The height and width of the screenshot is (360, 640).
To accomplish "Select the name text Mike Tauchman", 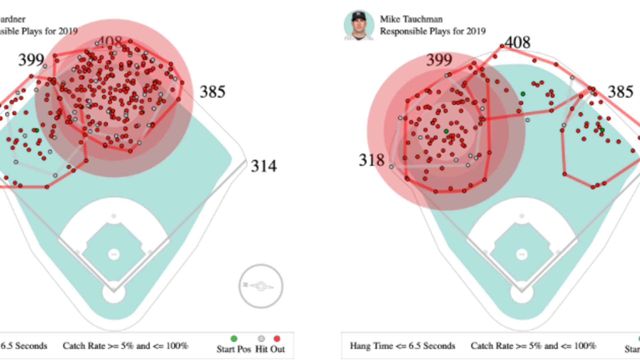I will pyautogui.click(x=411, y=19).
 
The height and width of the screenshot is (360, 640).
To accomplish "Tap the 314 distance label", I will pyautogui.click(x=263, y=166).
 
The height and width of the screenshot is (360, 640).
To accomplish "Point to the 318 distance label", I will pyautogui.click(x=372, y=160).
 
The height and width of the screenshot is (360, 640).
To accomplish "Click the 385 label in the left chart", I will pyautogui.click(x=212, y=92).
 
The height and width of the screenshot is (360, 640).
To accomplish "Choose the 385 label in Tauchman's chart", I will pyautogui.click(x=620, y=92).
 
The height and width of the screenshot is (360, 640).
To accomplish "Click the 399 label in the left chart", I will pyautogui.click(x=31, y=60).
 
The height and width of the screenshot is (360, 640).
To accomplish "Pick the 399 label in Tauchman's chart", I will pyautogui.click(x=439, y=60).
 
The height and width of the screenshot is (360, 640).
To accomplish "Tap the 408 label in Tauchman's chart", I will pyautogui.click(x=517, y=43).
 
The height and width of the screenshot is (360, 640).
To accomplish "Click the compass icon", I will pyautogui.click(x=261, y=286).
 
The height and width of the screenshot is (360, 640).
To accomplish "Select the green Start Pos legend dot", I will pyautogui.click(x=234, y=339).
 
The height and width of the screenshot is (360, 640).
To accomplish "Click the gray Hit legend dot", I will pyautogui.click(x=261, y=339).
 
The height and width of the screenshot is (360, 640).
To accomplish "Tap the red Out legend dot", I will pyautogui.click(x=277, y=339).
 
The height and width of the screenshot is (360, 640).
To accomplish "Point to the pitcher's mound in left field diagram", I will pyautogui.click(x=114, y=254).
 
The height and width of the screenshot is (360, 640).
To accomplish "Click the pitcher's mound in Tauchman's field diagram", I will pyautogui.click(x=522, y=254).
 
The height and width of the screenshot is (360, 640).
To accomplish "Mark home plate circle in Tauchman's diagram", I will pyautogui.click(x=522, y=293).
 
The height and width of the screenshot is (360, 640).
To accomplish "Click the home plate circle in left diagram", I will pyautogui.click(x=114, y=293).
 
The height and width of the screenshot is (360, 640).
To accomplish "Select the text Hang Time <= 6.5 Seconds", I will pyautogui.click(x=402, y=346).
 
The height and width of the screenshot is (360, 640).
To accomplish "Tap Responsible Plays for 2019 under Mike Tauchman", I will pyautogui.click(x=433, y=31).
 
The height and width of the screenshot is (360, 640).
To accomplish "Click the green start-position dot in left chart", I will pyautogui.click(x=36, y=130).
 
